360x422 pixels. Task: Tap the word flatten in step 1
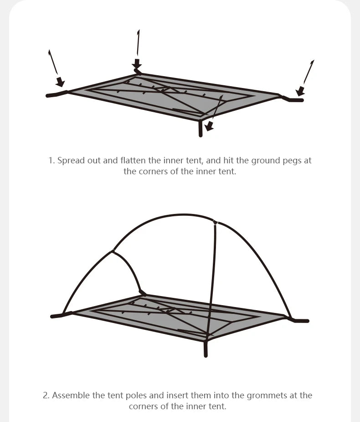[x=133, y=161]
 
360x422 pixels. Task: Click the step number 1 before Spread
[x=51, y=161]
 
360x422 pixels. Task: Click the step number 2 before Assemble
[x=46, y=396]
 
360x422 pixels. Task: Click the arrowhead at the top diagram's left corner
[x=60, y=82]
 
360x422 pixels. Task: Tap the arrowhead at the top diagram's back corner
[x=137, y=63]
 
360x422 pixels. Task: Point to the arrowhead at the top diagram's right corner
[x=300, y=91]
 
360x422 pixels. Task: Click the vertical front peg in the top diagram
[x=200, y=128]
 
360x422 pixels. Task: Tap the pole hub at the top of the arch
[x=216, y=223]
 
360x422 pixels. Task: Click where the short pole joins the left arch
[x=113, y=251]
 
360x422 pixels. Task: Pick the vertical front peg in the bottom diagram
[x=206, y=349]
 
